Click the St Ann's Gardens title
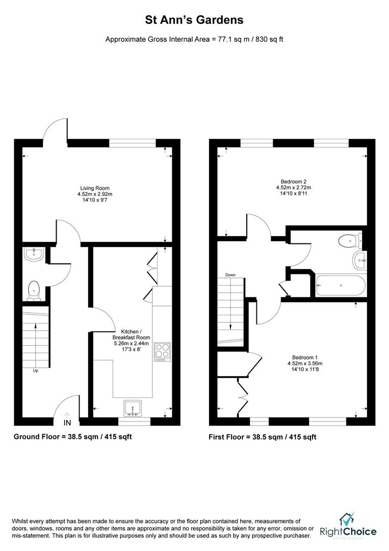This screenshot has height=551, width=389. coord(194,20)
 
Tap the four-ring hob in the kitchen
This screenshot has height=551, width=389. coord(162,352)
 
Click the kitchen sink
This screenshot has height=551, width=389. coord(133,408)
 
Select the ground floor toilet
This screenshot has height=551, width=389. coord(34,291)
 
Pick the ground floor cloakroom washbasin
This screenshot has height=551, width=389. coord(34,255)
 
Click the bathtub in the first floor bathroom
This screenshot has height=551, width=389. coord(341,286)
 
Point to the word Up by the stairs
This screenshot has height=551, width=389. coord(36,371)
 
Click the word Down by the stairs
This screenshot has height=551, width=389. coord(230,275)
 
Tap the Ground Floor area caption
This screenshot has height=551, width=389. coord(73,437)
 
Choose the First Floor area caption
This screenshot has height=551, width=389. coord(262,437)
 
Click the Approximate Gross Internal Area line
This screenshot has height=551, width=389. coord(194,39)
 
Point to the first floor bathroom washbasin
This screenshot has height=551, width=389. coord(359,260)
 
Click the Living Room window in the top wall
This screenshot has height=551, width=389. coord(133,143)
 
